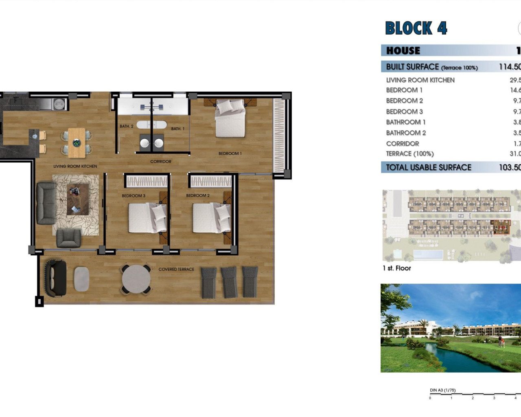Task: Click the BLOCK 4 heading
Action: click(x=416, y=28)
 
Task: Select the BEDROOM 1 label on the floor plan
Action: click(x=230, y=154)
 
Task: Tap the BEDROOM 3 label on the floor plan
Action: click(x=134, y=196)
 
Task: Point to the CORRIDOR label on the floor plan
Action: click(x=161, y=162)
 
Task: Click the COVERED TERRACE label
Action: click(x=176, y=269)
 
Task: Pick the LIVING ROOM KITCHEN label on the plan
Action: click(x=75, y=166)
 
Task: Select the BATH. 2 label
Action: click(x=127, y=126)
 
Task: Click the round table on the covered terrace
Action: click(x=136, y=279)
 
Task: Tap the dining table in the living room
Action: click(x=77, y=143)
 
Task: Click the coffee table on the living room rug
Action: click(x=77, y=199)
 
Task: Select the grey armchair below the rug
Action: click(x=68, y=238)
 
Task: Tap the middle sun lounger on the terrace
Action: click(x=229, y=282)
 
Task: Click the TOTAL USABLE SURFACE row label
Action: click(x=429, y=167)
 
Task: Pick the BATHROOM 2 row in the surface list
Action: click(x=406, y=133)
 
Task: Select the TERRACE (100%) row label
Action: click(x=410, y=154)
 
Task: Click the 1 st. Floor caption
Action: click(x=397, y=268)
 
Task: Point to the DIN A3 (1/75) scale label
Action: click(x=443, y=390)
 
